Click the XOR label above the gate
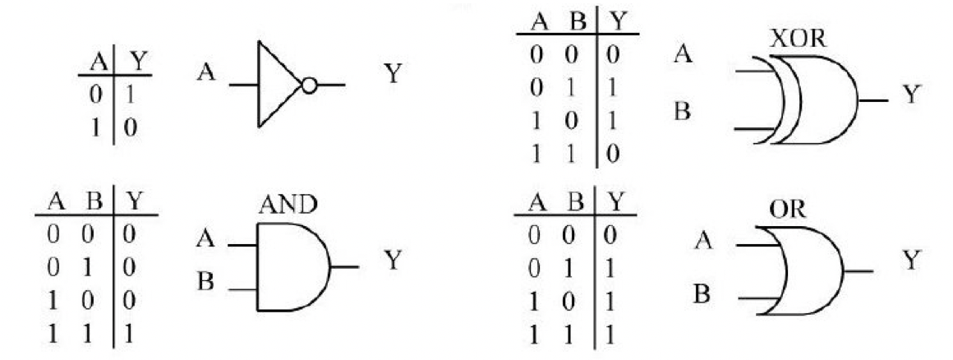pyautogui.click(x=797, y=39)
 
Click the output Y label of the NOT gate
pyautogui.click(x=394, y=82)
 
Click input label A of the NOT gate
pyautogui.click(x=206, y=74)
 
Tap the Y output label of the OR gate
pyautogui.click(x=910, y=261)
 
